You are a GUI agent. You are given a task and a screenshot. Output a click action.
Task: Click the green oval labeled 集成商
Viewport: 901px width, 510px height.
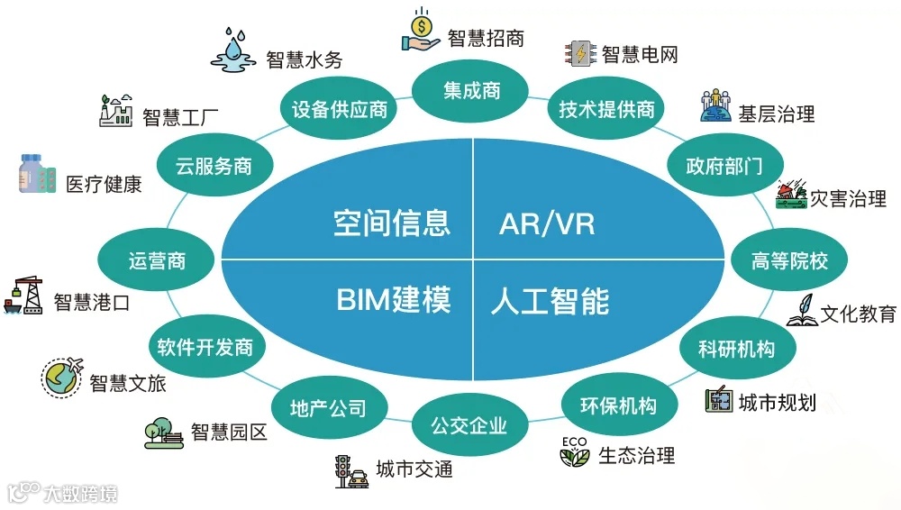point(471,91)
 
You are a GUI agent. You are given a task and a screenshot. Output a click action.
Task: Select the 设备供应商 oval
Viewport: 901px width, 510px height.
point(340,110)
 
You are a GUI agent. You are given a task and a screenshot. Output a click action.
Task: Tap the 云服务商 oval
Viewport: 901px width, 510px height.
point(214,166)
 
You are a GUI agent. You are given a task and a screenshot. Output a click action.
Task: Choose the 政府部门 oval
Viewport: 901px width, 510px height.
point(724,166)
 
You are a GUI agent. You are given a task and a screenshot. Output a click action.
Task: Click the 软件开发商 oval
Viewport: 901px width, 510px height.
point(205,347)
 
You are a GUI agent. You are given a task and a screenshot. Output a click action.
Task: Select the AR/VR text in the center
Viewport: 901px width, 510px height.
point(547,223)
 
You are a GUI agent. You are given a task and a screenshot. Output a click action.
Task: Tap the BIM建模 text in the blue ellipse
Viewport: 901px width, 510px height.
point(394,299)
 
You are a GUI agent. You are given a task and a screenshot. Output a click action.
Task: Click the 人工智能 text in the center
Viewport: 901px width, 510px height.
point(550,300)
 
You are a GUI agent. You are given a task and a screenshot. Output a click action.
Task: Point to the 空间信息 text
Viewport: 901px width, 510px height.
point(391,223)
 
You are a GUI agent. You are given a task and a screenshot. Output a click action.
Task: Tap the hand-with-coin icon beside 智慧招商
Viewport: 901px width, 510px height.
point(421,31)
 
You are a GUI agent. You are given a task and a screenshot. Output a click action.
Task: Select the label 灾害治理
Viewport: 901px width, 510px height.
point(848,198)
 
